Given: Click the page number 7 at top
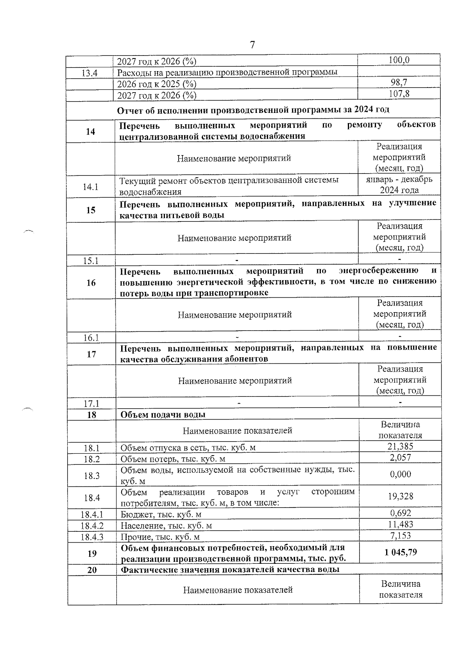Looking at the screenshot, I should [x=252, y=45].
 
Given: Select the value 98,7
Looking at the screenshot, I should [x=399, y=82].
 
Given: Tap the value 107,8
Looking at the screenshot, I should [x=399, y=94].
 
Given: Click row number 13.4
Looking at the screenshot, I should [x=90, y=73].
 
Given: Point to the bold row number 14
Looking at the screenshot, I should [x=90, y=132].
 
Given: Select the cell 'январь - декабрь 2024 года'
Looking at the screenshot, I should [x=399, y=184].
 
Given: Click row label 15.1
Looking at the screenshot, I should [x=91, y=261].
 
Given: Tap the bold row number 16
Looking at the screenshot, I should [x=91, y=282].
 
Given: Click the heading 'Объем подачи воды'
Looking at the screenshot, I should [x=163, y=415].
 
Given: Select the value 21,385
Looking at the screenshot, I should [x=400, y=446].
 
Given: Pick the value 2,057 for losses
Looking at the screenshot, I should [x=400, y=457].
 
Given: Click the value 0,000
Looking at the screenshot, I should [x=400, y=474].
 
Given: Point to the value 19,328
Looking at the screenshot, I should [x=400, y=496].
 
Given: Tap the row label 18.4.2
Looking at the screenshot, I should [x=92, y=526].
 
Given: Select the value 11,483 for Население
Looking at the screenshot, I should [x=400, y=524].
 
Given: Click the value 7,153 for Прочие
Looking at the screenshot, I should [x=400, y=536].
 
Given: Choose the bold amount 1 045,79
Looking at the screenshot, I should [x=400, y=552].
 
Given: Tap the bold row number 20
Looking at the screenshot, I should [x=92, y=570].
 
